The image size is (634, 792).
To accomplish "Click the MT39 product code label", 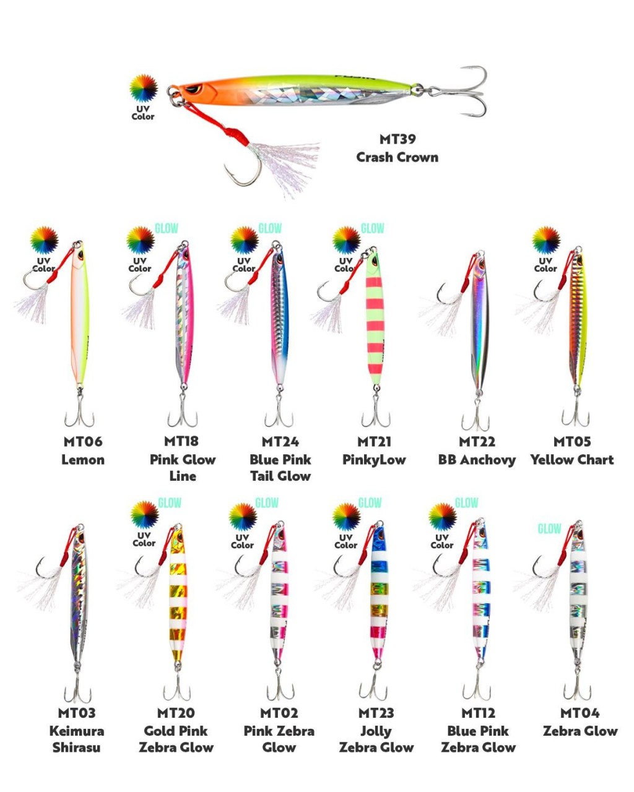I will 397,139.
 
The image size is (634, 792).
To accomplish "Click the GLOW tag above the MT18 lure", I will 166,228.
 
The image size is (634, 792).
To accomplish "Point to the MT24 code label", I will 280,442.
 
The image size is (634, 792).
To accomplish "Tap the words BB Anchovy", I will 477,460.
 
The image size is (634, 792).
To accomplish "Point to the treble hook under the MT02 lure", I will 280,687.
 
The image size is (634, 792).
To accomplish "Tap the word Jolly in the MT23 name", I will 376,731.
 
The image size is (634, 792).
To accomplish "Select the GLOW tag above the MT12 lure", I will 466,502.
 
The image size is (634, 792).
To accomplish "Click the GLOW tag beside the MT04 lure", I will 549,529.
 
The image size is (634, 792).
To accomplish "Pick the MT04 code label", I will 580,713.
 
